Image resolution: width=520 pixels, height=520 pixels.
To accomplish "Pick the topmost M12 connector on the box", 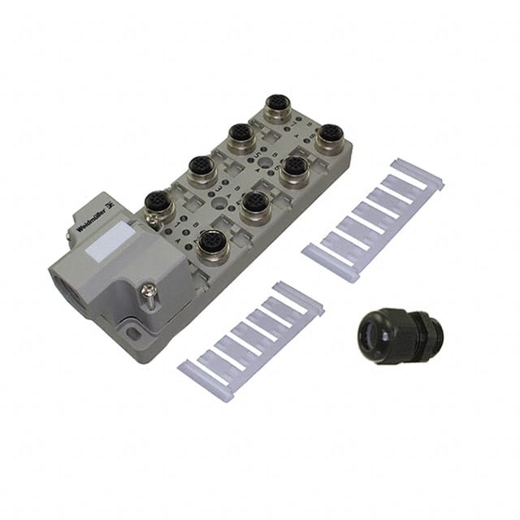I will [x=278, y=108].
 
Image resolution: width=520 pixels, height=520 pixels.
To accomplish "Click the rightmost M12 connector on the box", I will [x=330, y=137].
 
